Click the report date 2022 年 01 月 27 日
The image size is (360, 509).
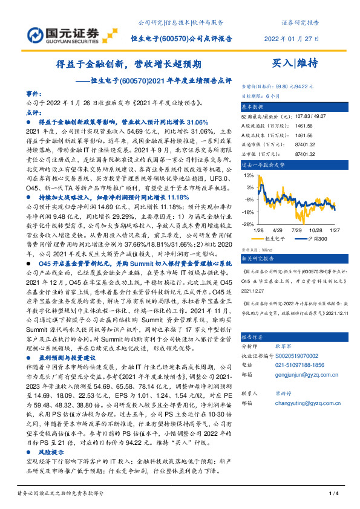[x=292, y=37]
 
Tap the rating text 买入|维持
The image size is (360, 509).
[x=295, y=62]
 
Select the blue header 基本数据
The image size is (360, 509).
[x=254, y=105]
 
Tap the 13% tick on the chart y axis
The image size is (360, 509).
[x=248, y=175]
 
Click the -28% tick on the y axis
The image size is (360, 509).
[x=247, y=224]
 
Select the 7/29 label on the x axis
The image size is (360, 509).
[x=296, y=230]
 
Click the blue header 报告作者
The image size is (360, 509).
[x=254, y=337]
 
